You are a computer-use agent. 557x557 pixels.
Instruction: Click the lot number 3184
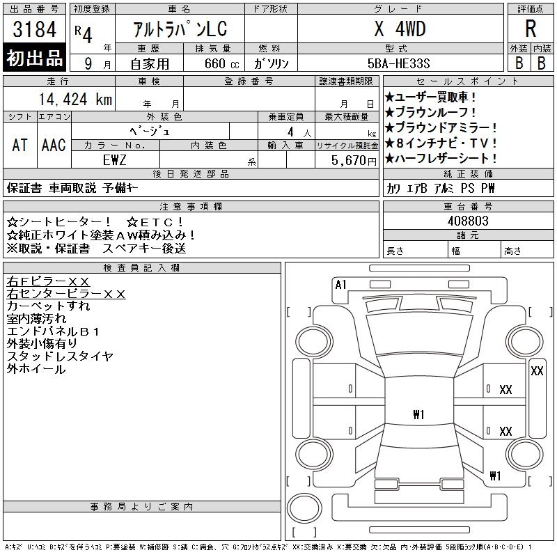34,29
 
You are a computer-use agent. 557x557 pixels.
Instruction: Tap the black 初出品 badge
34,58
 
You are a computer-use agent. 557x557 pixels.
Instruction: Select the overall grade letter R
531,29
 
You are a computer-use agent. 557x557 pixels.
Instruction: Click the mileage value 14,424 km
75,100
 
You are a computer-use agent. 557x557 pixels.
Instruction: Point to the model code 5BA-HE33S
398,63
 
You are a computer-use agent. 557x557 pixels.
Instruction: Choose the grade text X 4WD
400,29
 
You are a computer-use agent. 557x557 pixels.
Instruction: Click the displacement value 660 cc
221,63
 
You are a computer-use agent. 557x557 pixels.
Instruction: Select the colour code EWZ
114,160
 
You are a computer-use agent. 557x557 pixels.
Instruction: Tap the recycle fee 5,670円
354,161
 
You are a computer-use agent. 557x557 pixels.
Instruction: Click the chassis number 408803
468,221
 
